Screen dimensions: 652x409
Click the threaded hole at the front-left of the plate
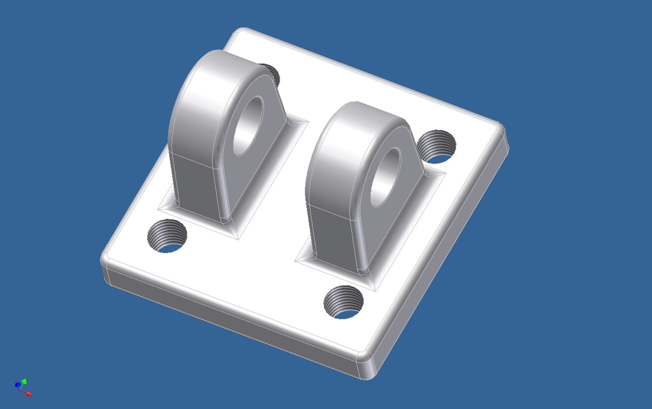[x=167, y=236]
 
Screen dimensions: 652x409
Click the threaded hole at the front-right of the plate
[x=343, y=302]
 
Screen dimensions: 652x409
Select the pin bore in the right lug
[x=386, y=177]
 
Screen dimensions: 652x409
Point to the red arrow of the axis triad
[x=29, y=394]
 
